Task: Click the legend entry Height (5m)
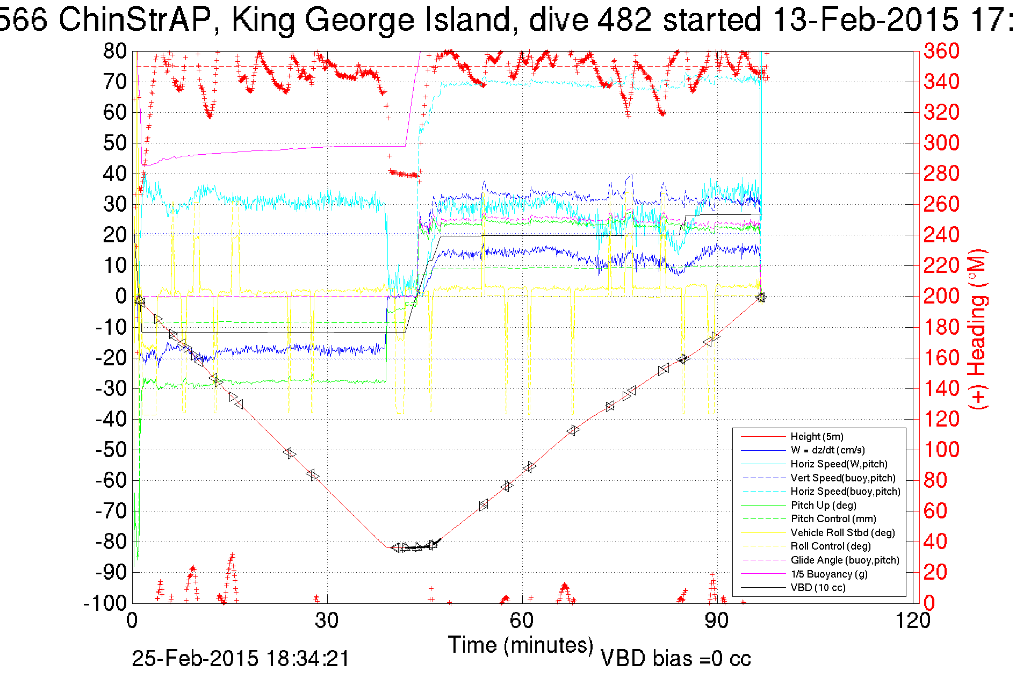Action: [817, 437]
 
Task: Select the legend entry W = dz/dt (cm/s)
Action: [827, 450]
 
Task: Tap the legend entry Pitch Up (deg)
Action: [823, 506]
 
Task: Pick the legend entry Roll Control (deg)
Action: [831, 546]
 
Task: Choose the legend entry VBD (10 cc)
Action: [818, 588]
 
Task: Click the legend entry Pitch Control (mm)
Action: [833, 519]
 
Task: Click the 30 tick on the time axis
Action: [327, 621]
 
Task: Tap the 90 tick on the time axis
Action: [716, 621]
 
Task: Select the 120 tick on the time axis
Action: [912, 621]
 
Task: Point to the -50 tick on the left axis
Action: [111, 450]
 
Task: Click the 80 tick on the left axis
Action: [115, 51]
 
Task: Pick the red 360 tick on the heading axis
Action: [941, 51]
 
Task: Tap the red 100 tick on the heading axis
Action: [941, 450]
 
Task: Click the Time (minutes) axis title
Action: [520, 645]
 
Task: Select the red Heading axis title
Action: [978, 329]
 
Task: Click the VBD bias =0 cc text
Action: [675, 659]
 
